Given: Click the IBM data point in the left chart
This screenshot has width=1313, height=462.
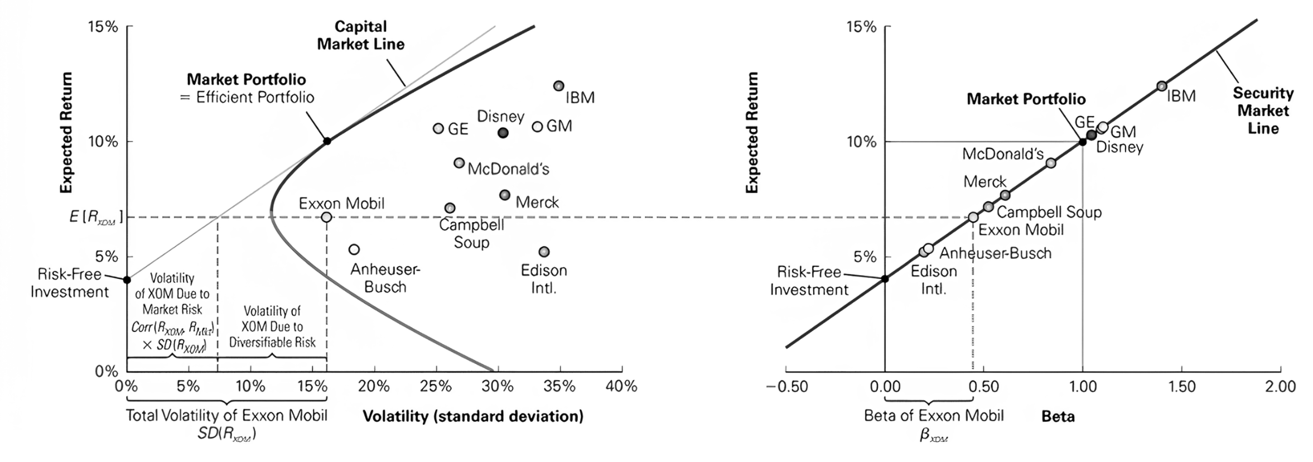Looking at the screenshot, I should pos(558,86).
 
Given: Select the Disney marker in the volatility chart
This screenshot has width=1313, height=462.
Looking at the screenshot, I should pos(503,133).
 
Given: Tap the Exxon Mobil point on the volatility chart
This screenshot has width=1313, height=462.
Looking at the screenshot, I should pos(326,217).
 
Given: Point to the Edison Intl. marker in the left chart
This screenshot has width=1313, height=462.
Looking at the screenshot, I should pos(544,252).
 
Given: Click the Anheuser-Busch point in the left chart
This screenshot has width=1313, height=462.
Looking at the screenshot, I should pos(354,249).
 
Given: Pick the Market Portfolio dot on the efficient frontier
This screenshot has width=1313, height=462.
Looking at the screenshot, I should pos(327,141).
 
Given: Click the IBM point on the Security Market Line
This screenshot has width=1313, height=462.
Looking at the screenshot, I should pos(1161,86).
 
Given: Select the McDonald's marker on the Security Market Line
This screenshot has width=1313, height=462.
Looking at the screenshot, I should pos(1050,163).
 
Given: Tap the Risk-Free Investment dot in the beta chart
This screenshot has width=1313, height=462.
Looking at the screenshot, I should pos(885,278).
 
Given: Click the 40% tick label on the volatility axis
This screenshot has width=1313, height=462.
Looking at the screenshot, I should pos(621,386).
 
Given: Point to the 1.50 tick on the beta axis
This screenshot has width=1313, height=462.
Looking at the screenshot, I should pos(1181,387).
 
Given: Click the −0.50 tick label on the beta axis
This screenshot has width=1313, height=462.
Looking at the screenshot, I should pos(786,387).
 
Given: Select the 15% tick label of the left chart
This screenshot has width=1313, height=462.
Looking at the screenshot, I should pos(103,27).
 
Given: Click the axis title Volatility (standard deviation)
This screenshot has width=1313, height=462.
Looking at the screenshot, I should pos(472,416).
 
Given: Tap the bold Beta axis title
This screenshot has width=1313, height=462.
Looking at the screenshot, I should pos(1058,416).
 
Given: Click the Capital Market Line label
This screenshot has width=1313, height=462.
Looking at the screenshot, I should pos(360,35).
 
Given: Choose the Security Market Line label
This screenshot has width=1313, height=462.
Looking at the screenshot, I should pos(1263,110).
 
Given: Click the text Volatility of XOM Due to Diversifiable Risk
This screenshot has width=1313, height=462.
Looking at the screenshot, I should pos(272,326).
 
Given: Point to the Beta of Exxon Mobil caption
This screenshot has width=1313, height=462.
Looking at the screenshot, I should pos(933,416).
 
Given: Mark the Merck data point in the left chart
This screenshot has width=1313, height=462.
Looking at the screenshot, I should pos(505,195).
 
